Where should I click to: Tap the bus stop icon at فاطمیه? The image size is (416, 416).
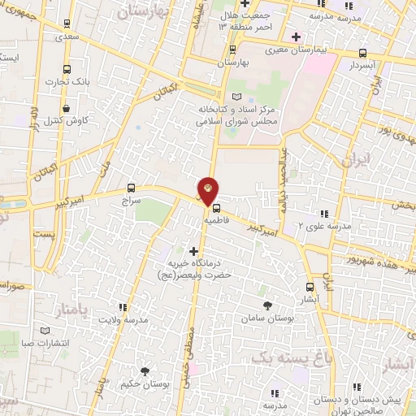point(215,208)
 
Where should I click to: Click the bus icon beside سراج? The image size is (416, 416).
point(132,188)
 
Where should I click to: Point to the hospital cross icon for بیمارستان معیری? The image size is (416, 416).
point(297,36)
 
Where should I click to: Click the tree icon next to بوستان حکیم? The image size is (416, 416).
point(145,370)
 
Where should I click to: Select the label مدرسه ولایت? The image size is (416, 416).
point(123,318)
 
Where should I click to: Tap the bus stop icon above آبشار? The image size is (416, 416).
point(310,286)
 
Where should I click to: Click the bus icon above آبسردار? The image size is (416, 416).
point(362,53)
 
